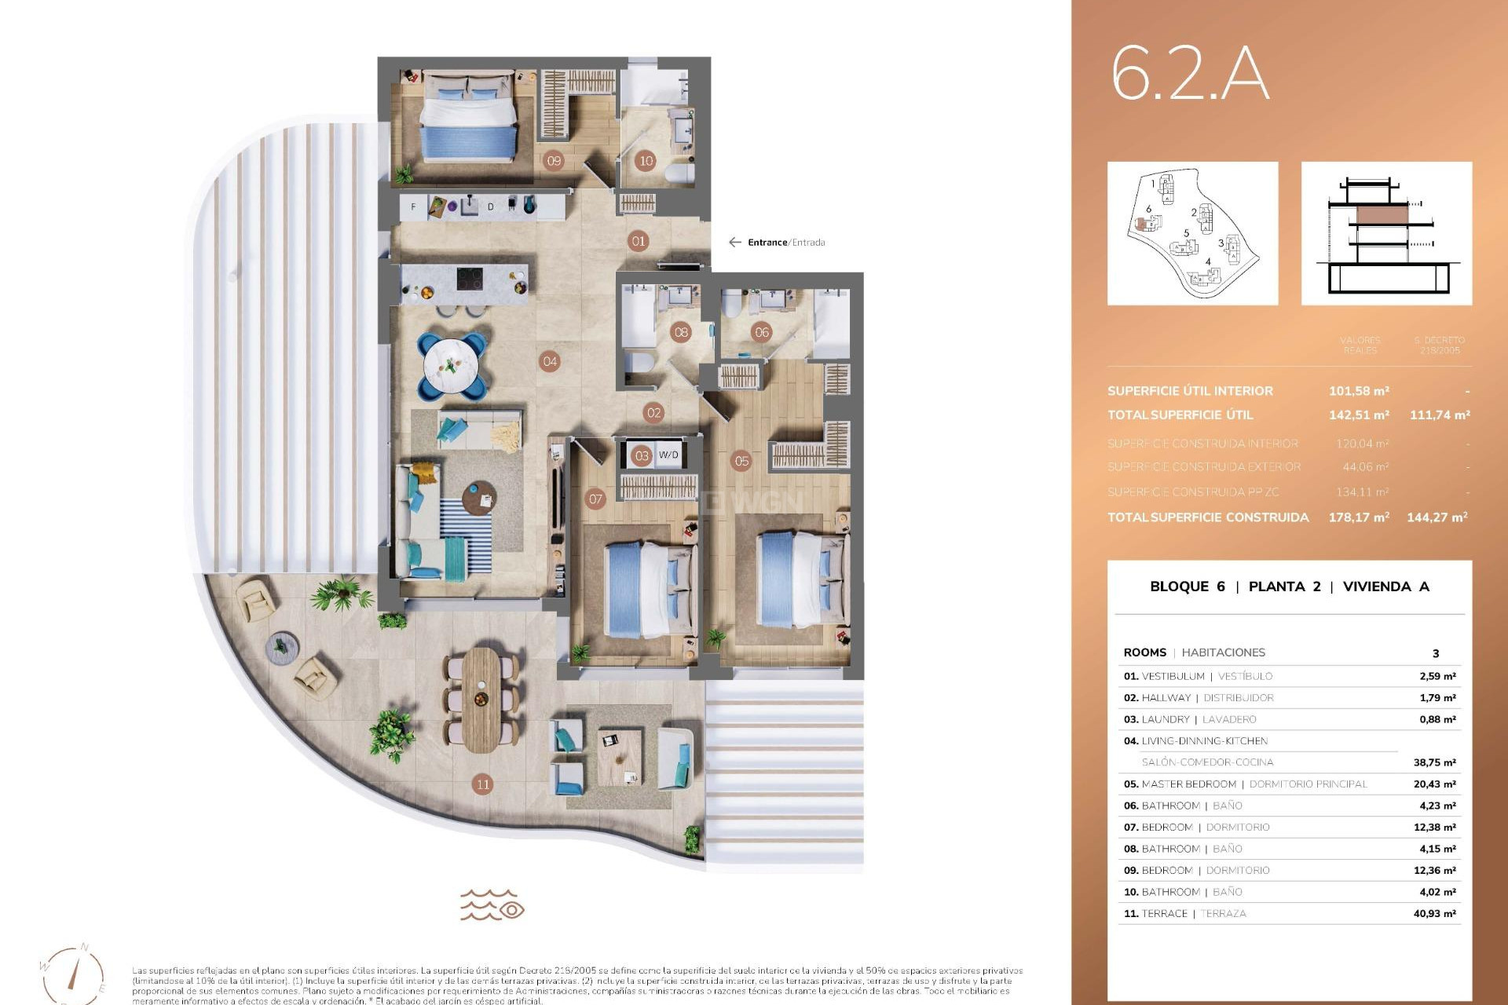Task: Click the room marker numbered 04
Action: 550,362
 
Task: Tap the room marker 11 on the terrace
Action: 482,784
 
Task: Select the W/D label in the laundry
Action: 668,455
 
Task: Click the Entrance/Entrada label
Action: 785,243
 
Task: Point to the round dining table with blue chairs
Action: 452,365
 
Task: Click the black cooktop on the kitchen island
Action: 470,280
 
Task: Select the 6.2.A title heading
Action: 1189,75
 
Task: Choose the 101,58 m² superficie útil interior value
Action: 1358,391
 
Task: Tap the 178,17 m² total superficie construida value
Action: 1358,517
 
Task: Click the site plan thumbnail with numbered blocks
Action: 1192,233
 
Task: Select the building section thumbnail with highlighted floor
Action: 1386,233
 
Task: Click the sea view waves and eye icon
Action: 492,904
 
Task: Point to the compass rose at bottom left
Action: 73,974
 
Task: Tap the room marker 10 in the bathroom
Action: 646,161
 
